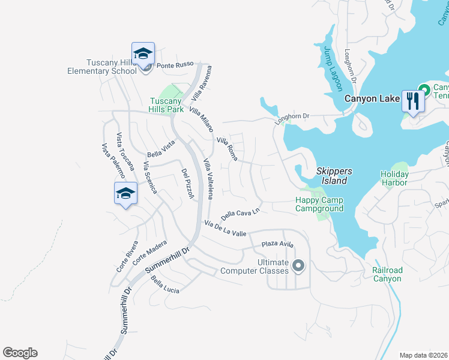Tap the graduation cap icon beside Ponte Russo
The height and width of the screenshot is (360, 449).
[x=143, y=54]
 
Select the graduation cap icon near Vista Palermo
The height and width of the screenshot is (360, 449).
[x=125, y=193]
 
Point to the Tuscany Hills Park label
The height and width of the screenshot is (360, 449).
[x=166, y=106]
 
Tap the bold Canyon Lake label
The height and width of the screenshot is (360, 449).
[x=372, y=98]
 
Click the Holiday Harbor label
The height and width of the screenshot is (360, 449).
[x=394, y=179]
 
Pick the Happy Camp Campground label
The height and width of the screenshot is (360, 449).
[x=319, y=204]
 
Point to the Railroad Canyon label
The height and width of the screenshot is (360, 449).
[x=387, y=274]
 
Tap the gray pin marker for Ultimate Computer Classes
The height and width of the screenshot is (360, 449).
[x=298, y=266]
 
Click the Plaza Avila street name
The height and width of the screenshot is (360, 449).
[x=277, y=244]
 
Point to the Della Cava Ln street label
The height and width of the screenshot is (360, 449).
[x=240, y=213]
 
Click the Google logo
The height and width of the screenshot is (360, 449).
[x=20, y=353]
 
